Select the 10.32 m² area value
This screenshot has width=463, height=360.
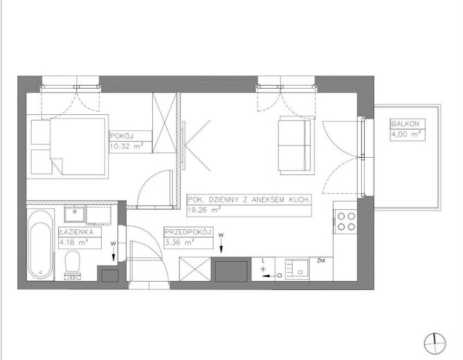click(127, 145)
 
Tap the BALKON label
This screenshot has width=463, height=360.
click(405, 124)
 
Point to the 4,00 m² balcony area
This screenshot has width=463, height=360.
click(406, 134)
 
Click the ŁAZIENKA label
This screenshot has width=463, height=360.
click(76, 232)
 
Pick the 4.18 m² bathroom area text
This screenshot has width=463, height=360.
click(74, 242)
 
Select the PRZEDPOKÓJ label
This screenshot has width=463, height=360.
click(188, 232)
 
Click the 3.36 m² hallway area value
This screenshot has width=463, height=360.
click(179, 242)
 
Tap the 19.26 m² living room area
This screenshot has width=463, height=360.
click(205, 210)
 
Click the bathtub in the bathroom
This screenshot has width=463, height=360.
click(41, 245)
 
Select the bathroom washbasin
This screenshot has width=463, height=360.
click(75, 214)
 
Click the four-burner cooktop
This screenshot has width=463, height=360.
click(346, 222)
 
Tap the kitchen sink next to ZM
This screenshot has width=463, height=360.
click(298, 269)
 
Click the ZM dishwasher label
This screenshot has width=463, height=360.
click(321, 261)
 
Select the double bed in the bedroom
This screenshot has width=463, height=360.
click(78, 147)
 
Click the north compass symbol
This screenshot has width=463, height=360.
click(435, 343)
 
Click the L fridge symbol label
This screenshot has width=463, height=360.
click(263, 261)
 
